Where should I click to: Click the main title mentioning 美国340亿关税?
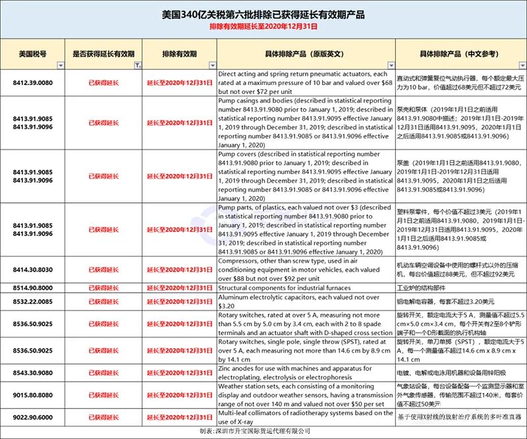pos(263,15)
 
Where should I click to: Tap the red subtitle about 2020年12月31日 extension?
pos(263,27)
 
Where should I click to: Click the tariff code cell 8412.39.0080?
pos(32,83)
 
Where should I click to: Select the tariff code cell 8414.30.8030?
pos(32,270)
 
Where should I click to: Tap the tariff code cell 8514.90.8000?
pos(32,288)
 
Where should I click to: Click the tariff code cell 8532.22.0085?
pos(32,302)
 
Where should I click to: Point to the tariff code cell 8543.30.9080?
pos(32,372)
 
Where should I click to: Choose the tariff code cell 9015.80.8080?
pos(32,395)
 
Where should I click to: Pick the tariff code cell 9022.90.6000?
pos(32,418)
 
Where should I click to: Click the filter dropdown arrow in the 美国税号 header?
pos(61,65)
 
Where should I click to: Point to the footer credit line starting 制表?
pos(263,432)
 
